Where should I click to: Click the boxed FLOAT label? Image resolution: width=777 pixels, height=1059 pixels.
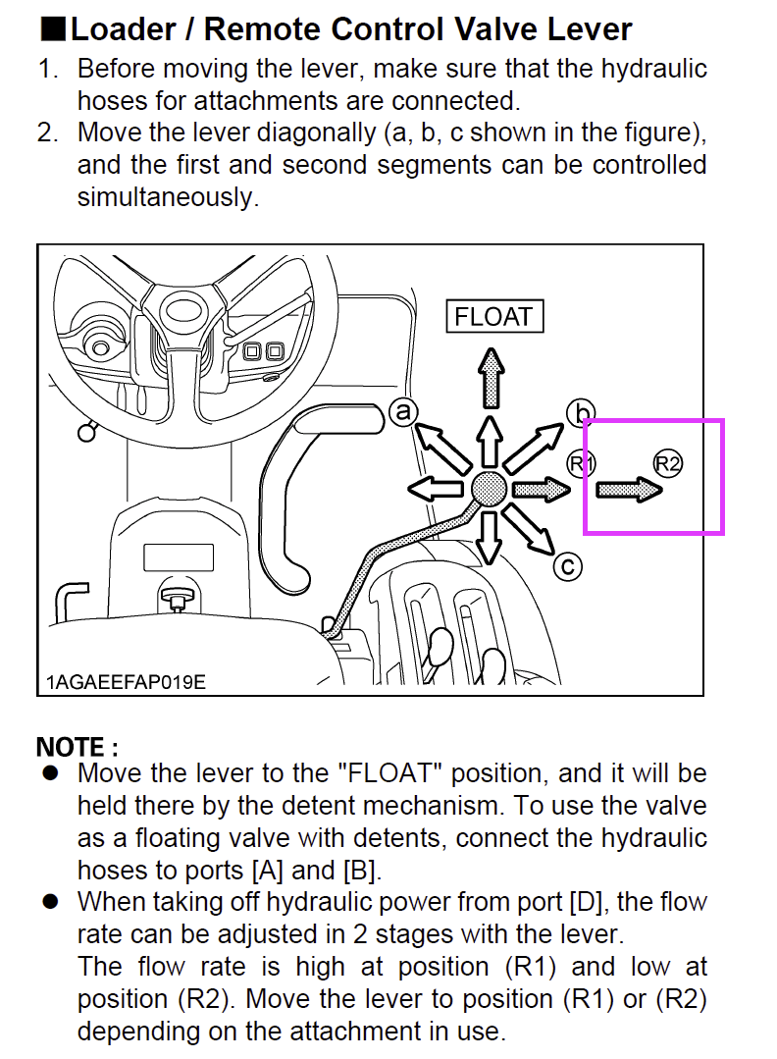(493, 317)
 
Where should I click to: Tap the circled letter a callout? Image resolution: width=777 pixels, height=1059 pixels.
(402, 411)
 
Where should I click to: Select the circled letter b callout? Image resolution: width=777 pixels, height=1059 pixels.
(581, 413)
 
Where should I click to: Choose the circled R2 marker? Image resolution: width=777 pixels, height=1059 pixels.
(668, 463)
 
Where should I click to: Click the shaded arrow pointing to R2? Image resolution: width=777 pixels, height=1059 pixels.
(630, 489)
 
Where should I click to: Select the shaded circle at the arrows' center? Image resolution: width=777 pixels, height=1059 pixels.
(489, 488)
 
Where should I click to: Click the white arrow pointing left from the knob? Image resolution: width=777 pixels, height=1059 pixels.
(433, 489)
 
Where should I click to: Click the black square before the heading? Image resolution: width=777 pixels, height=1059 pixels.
(51, 28)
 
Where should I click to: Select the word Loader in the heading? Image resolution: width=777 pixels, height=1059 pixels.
(124, 28)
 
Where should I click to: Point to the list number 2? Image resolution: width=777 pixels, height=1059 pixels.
(47, 132)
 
